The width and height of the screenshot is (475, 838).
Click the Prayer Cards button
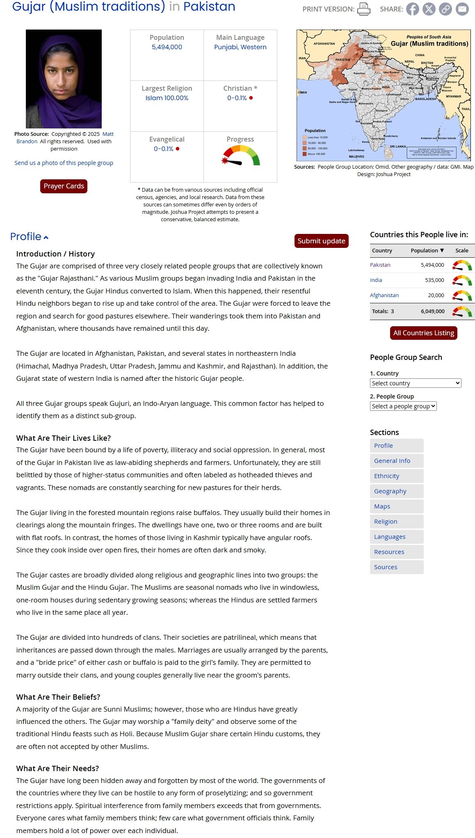point(64,186)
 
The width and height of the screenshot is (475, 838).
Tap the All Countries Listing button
point(423,333)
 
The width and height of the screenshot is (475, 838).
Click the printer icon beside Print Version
point(363,9)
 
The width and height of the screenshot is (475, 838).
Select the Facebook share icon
point(412,9)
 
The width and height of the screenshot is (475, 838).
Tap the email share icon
point(462,9)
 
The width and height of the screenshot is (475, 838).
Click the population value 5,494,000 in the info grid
point(167,47)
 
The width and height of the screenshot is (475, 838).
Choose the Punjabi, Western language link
point(240,47)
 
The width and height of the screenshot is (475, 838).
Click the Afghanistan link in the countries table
point(384,295)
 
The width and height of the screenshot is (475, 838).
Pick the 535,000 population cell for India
point(434,280)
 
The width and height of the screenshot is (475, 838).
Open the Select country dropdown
point(415,383)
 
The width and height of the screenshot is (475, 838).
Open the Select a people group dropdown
point(403,406)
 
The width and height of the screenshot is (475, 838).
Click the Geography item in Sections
point(390,491)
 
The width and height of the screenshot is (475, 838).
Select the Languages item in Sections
point(390,537)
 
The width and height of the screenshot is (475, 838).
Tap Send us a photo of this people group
point(64,163)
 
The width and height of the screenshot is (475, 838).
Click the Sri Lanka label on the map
point(397,147)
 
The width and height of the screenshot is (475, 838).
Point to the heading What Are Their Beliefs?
point(58,697)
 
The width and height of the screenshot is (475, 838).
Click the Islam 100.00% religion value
point(167,98)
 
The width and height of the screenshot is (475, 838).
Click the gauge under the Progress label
point(241,156)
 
